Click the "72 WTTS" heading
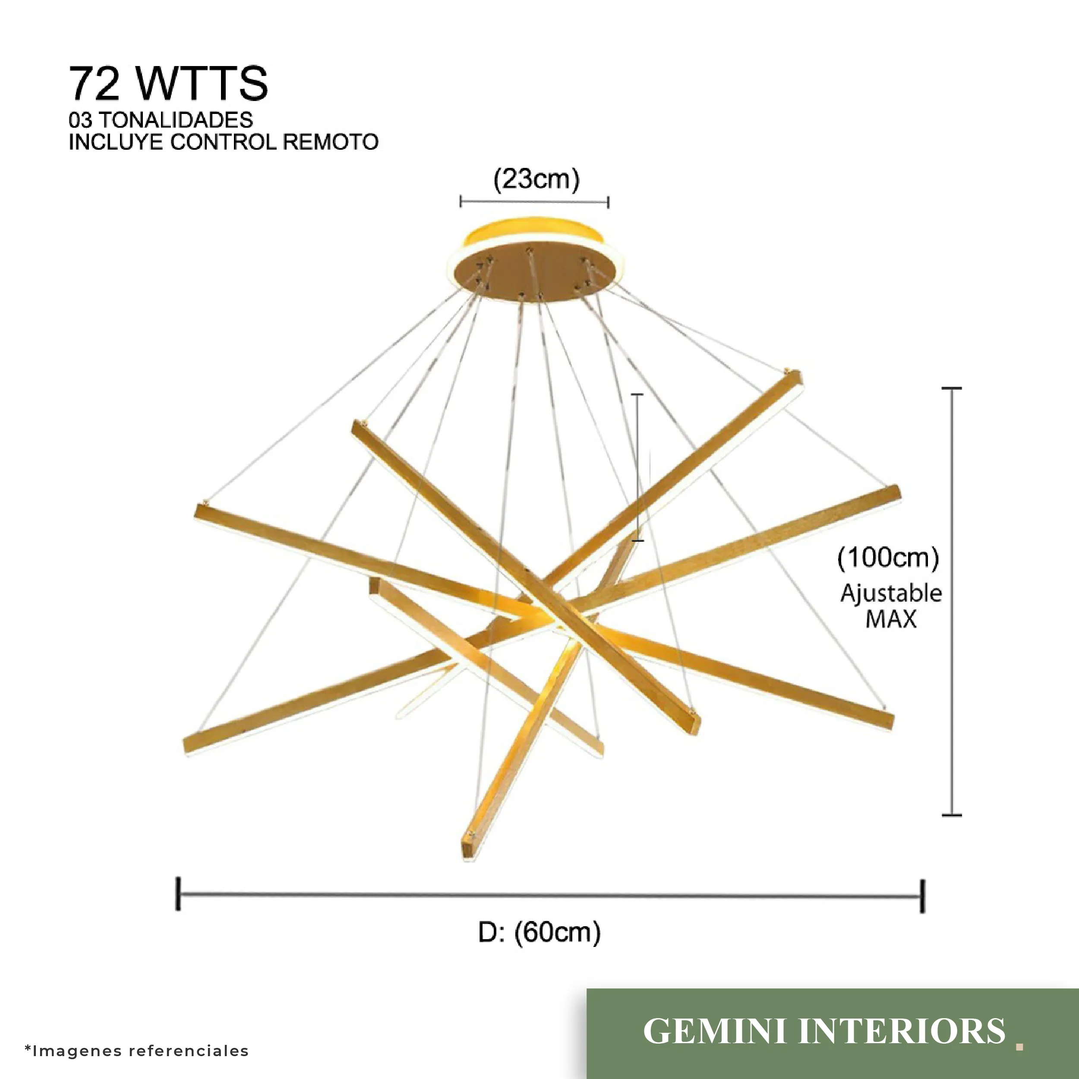pos(167,84)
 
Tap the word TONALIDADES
pos(183,120)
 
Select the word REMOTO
pos(331,142)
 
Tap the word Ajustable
pos(891,593)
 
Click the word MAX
pos(891,619)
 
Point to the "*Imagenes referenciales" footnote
pos(137,1051)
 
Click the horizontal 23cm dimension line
pos(534,202)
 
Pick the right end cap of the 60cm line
pos(923,896)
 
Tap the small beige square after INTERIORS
pos(1019,1047)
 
